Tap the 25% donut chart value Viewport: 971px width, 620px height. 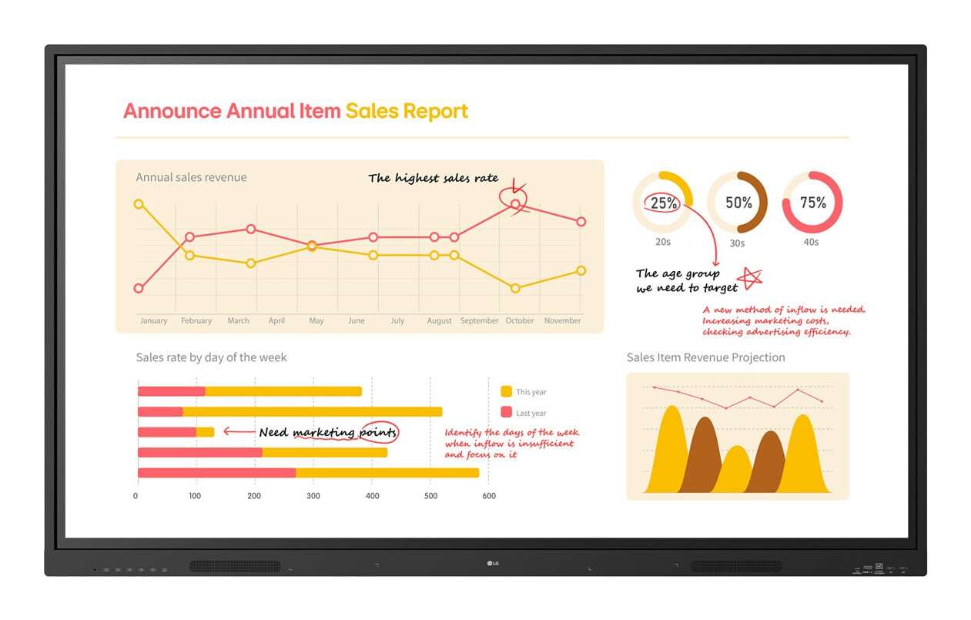pyautogui.click(x=664, y=203)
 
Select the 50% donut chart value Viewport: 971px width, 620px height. pyautogui.click(x=738, y=203)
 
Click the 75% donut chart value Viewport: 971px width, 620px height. pyautogui.click(x=813, y=203)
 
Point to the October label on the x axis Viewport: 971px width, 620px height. pyautogui.click(x=520, y=320)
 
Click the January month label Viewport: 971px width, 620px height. pyautogui.click(x=154, y=320)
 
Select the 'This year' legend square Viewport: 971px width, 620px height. pyautogui.click(x=506, y=391)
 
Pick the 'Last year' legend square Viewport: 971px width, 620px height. pyautogui.click(x=506, y=412)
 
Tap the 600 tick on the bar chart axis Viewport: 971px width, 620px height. pyautogui.click(x=489, y=496)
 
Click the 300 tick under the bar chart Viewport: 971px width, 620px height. pyautogui.click(x=313, y=496)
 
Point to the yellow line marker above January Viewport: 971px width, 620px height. pyautogui.click(x=139, y=204)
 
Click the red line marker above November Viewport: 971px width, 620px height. pyautogui.click(x=581, y=222)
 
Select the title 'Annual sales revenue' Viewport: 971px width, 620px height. pyautogui.click(x=191, y=177)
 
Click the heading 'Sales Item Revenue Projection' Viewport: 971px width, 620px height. pyautogui.click(x=705, y=357)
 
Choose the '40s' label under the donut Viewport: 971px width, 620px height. pyautogui.click(x=811, y=242)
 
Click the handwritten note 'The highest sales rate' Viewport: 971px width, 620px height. pyautogui.click(x=433, y=178)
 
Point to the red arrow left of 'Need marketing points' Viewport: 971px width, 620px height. pyautogui.click(x=239, y=431)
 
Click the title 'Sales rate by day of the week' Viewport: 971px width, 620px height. pyautogui.click(x=211, y=357)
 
